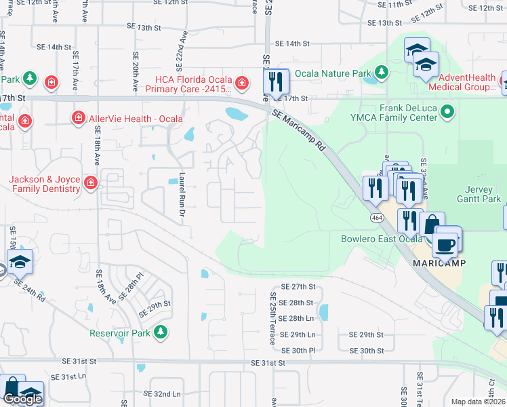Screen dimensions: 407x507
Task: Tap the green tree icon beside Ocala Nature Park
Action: click(382, 72)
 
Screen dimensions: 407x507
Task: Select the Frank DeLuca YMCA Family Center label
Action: click(399, 111)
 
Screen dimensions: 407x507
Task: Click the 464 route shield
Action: click(376, 218)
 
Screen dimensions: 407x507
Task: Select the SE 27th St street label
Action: click(299, 287)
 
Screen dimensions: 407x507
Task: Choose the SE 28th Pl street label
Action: click(132, 286)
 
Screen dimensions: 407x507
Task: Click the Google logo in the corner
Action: click(22, 399)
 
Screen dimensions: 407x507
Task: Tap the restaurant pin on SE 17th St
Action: click(276, 81)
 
